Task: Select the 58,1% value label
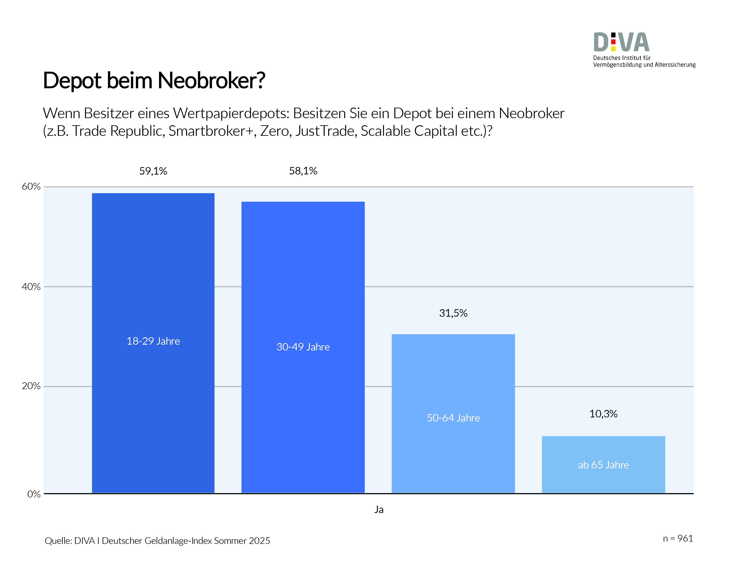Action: click(x=303, y=171)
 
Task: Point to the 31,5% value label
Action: click(x=453, y=313)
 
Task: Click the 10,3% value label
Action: click(x=603, y=414)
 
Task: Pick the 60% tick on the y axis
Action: click(x=31, y=186)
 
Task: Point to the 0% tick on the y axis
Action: click(x=34, y=494)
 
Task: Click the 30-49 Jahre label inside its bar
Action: click(x=303, y=347)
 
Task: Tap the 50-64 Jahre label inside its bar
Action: click(x=453, y=418)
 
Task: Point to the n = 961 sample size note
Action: click(x=678, y=539)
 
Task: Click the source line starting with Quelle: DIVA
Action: click(x=157, y=540)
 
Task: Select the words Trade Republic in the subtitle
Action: click(x=118, y=131)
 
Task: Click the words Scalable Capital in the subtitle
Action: click(x=409, y=131)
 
